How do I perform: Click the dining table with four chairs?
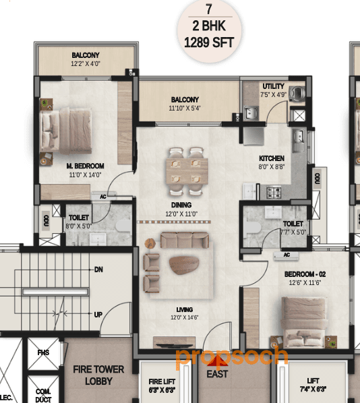(x=186, y=165)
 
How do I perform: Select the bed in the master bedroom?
(x=63, y=125)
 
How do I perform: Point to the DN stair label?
(x=98, y=270)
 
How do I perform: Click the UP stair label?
(x=98, y=314)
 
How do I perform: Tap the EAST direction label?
(x=217, y=374)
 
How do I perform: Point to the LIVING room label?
(x=180, y=309)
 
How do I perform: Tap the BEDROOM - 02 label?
(x=303, y=274)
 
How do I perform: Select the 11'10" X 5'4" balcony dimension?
(x=185, y=107)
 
